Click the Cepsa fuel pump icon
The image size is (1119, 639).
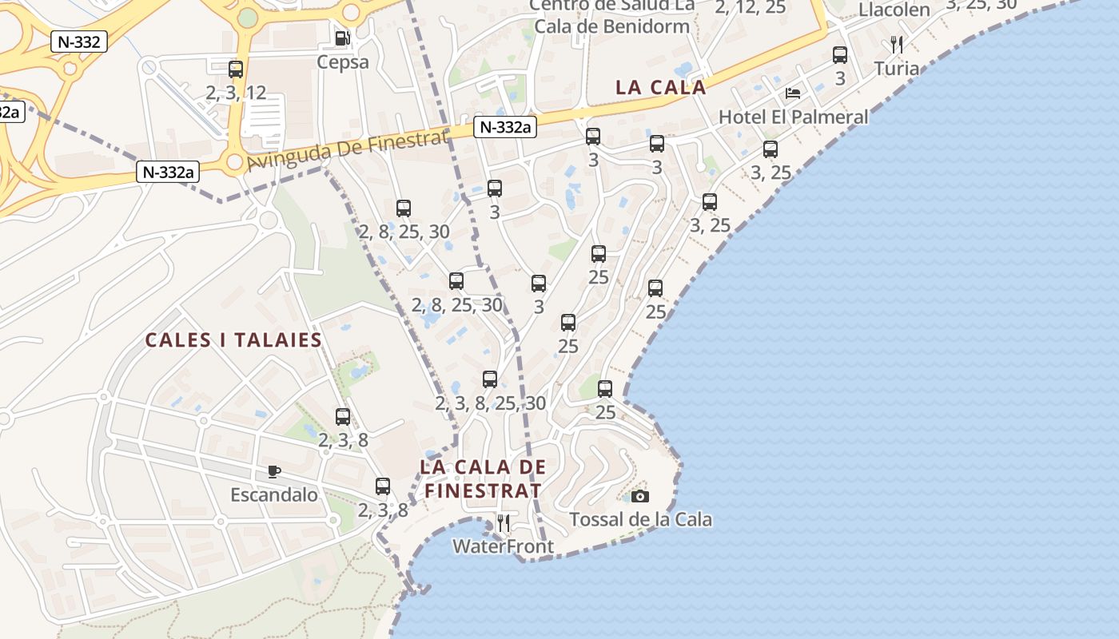[342, 38]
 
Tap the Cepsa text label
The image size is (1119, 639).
[343, 62]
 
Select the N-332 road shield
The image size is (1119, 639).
[79, 42]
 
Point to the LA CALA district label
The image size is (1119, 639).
[660, 88]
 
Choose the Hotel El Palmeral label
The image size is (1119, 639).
[793, 117]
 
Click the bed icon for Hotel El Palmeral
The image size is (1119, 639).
[793, 93]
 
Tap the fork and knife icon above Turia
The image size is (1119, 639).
[897, 44]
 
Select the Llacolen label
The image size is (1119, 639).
[894, 10]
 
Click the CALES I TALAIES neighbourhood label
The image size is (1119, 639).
[233, 340]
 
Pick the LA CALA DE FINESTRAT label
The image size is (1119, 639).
[483, 478]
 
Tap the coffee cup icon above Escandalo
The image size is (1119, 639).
[274, 471]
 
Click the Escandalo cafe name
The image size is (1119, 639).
[274, 495]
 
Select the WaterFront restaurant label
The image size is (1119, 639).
[503, 547]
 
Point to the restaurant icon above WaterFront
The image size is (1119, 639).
[504, 523]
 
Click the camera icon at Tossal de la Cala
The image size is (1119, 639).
[640, 496]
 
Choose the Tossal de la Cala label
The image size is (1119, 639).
[640, 520]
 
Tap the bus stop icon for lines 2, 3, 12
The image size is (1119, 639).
[235, 69]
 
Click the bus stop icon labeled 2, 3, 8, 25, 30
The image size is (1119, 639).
[490, 379]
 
